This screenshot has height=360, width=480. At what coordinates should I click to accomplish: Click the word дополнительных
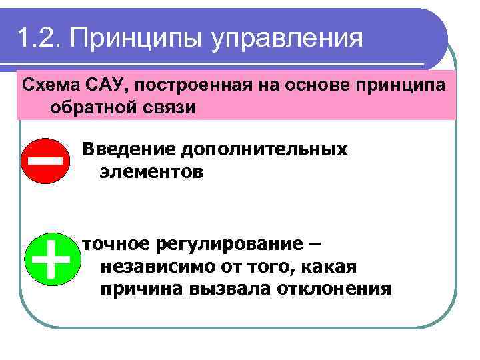(261, 149)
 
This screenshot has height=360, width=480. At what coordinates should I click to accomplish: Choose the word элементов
(151, 172)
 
